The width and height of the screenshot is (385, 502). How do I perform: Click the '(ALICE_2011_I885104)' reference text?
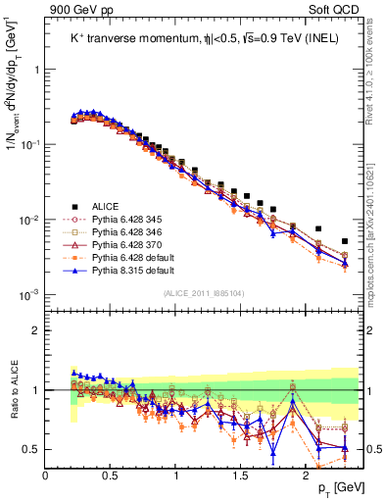(x=204, y=292)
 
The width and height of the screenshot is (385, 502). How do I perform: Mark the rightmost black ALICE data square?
(x=344, y=241)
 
